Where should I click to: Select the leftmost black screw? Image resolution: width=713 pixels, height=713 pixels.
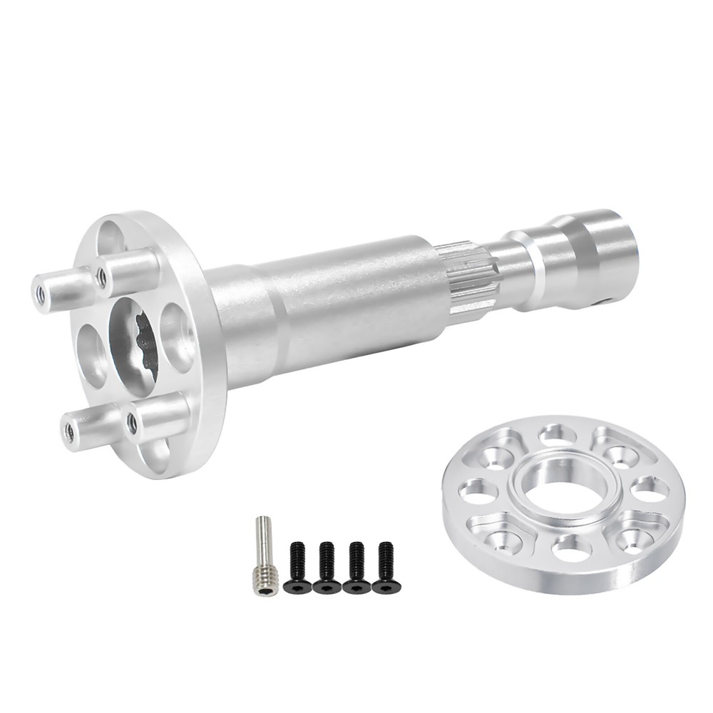click(x=297, y=568)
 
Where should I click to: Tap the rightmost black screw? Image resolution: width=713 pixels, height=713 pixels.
click(x=386, y=568)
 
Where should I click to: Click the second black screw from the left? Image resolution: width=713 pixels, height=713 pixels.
click(x=327, y=568)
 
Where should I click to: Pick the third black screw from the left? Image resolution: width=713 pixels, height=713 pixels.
click(x=356, y=568)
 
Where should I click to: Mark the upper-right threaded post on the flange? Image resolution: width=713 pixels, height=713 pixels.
click(x=128, y=271)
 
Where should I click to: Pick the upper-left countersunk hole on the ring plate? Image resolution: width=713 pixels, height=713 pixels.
click(x=496, y=457)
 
